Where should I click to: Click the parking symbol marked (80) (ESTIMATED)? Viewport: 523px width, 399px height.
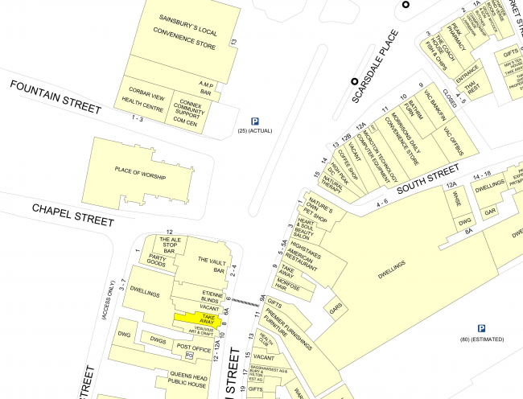(481, 328)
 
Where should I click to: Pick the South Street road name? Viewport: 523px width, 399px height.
(427, 181)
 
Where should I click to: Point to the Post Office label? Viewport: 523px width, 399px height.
(194, 348)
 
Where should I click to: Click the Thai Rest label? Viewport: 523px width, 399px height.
(474, 86)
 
